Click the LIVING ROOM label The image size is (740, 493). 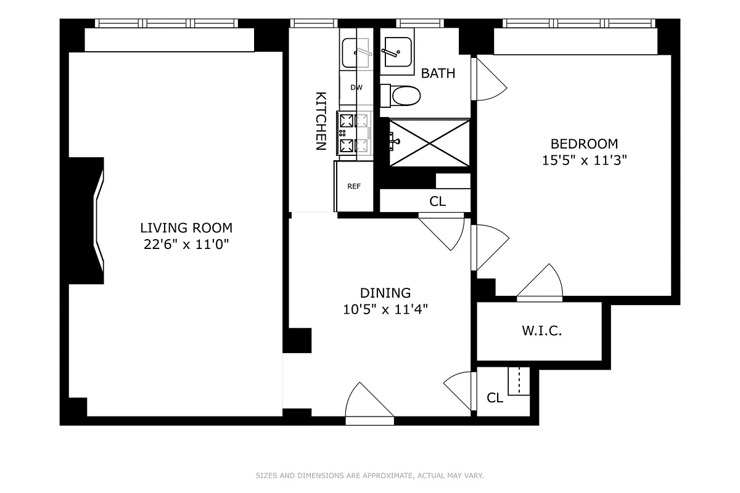pyautogui.click(x=186, y=228)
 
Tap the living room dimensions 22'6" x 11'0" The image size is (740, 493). pyautogui.click(x=186, y=244)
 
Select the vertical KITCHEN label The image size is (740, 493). pyautogui.click(x=321, y=121)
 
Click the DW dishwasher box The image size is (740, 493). pyautogui.click(x=356, y=88)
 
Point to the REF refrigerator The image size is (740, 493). pyautogui.click(x=354, y=186)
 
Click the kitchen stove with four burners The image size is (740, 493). pyautogui.click(x=354, y=133)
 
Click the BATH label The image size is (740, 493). pyautogui.click(x=438, y=73)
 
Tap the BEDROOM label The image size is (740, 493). pyautogui.click(x=583, y=144)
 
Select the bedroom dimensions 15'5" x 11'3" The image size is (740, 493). pyautogui.click(x=583, y=160)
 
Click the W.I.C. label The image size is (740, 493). pyautogui.click(x=541, y=331)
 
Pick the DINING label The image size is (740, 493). pyautogui.click(x=385, y=293)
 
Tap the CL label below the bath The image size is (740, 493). pyautogui.click(x=437, y=202)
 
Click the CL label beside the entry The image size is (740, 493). pyautogui.click(x=495, y=398)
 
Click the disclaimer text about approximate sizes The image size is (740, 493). pyautogui.click(x=369, y=476)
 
